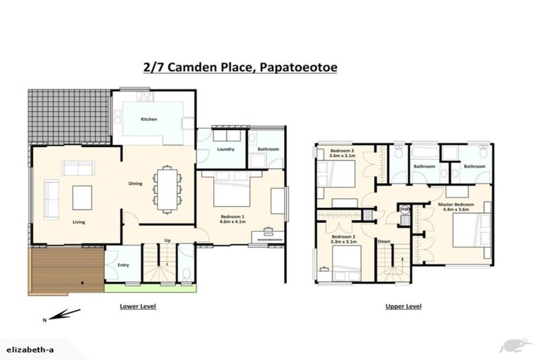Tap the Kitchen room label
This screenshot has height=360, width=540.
tap(148, 120)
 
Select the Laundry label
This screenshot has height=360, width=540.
tap(225, 150)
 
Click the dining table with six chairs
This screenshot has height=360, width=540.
tap(167, 188)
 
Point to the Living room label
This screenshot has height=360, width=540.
tap(79, 222)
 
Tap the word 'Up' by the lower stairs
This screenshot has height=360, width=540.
tap(167, 240)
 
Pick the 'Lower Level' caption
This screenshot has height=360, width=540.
tap(137, 307)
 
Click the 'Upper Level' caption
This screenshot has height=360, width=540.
tap(404, 307)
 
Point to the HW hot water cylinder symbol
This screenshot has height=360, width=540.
tap(404, 209)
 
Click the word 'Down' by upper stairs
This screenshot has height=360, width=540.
tap(384, 241)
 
